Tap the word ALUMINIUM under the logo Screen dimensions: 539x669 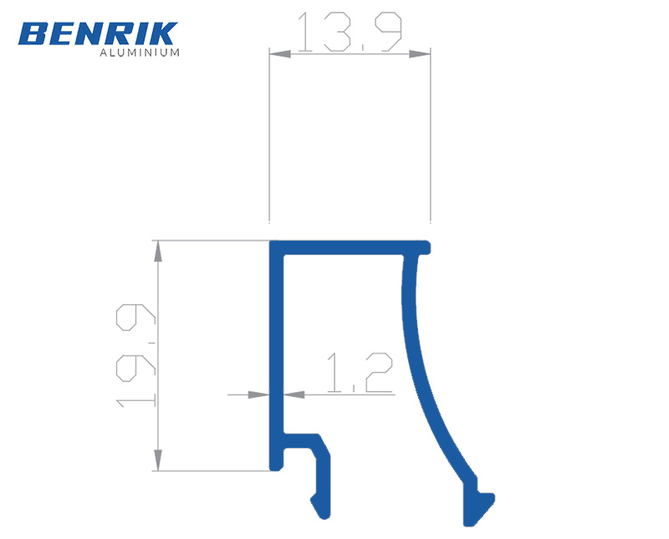(x=140, y=53)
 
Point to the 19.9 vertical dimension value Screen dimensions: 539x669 (x=135, y=356)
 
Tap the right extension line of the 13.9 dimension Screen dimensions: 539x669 (x=430, y=134)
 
